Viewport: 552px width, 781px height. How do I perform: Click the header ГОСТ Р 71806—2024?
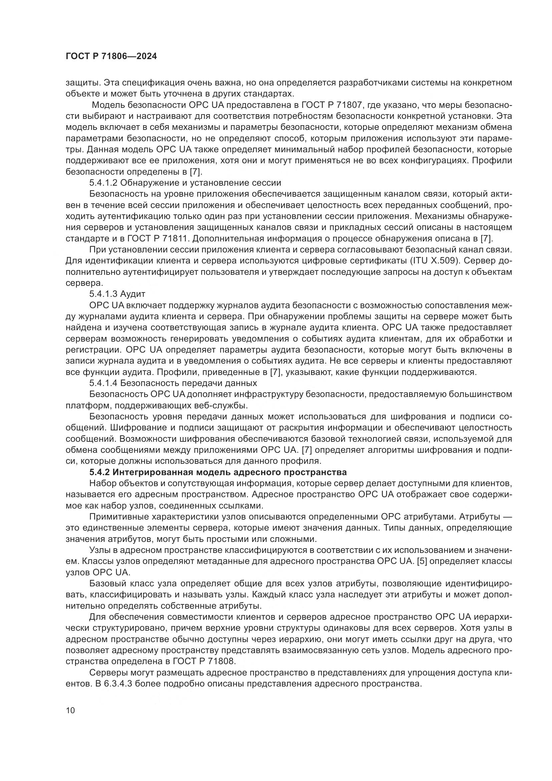coord(111,56)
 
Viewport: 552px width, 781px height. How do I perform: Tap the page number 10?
coord(70,710)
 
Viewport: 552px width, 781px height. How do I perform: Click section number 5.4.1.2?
coord(103,183)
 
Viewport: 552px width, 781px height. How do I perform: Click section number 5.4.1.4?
coord(103,383)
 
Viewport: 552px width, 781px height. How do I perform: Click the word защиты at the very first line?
coord(81,83)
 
